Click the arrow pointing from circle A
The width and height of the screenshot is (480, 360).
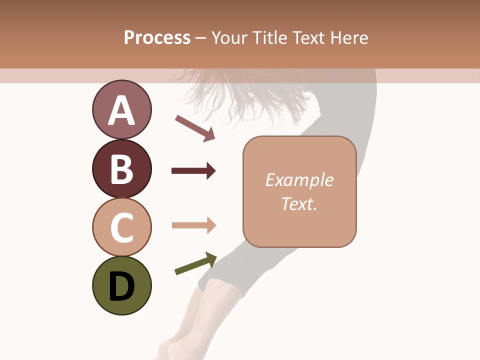pyautogui.click(x=195, y=127)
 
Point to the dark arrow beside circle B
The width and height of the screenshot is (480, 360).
pyautogui.click(x=193, y=171)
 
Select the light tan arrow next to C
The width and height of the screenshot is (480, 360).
pyautogui.click(x=193, y=225)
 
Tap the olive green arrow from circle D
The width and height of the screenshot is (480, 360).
pyautogui.click(x=195, y=263)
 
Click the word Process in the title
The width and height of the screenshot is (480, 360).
pyautogui.click(x=157, y=38)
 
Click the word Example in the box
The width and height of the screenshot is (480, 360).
pyautogui.click(x=299, y=180)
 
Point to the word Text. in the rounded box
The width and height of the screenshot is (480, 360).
pyautogui.click(x=299, y=204)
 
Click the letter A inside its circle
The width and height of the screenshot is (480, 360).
pyautogui.click(x=121, y=111)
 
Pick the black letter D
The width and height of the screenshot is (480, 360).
pyautogui.click(x=121, y=286)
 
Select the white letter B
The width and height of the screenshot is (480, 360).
pyautogui.click(x=121, y=169)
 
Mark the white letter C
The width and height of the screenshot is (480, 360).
pyautogui.click(x=121, y=227)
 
